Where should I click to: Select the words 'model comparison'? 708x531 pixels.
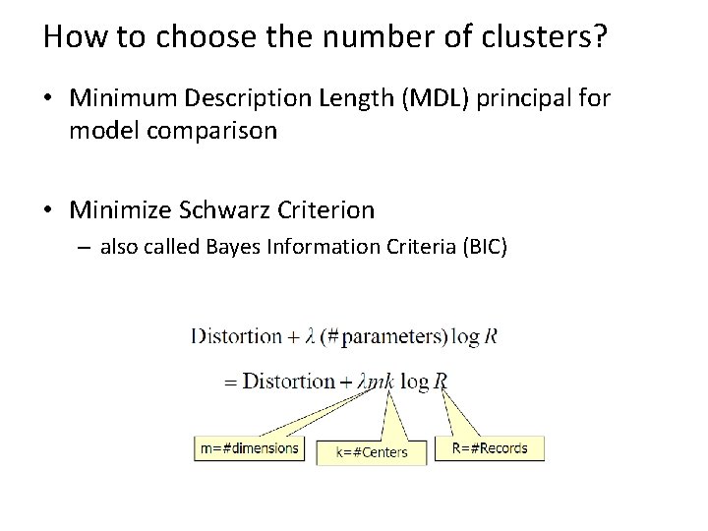[x=173, y=131]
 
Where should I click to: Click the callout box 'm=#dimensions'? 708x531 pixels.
[x=249, y=448]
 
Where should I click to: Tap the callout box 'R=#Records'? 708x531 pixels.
[x=489, y=448]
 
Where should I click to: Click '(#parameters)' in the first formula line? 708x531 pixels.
[x=386, y=336]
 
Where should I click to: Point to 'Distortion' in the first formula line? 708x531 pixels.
[x=235, y=336]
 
